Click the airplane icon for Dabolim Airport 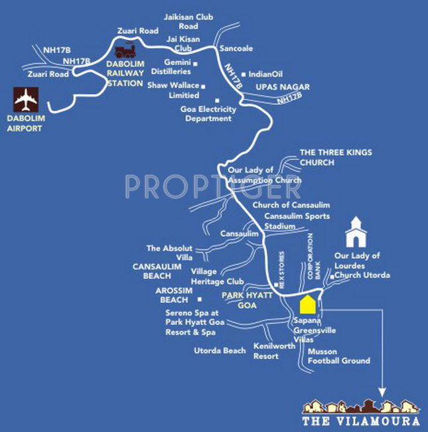click(x=26, y=101)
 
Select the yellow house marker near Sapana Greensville click(x=307, y=305)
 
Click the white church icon click(x=356, y=233)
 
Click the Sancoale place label click(x=237, y=49)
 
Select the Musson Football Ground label click(x=339, y=356)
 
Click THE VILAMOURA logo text click(x=361, y=419)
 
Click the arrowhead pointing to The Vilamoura click(x=384, y=393)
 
